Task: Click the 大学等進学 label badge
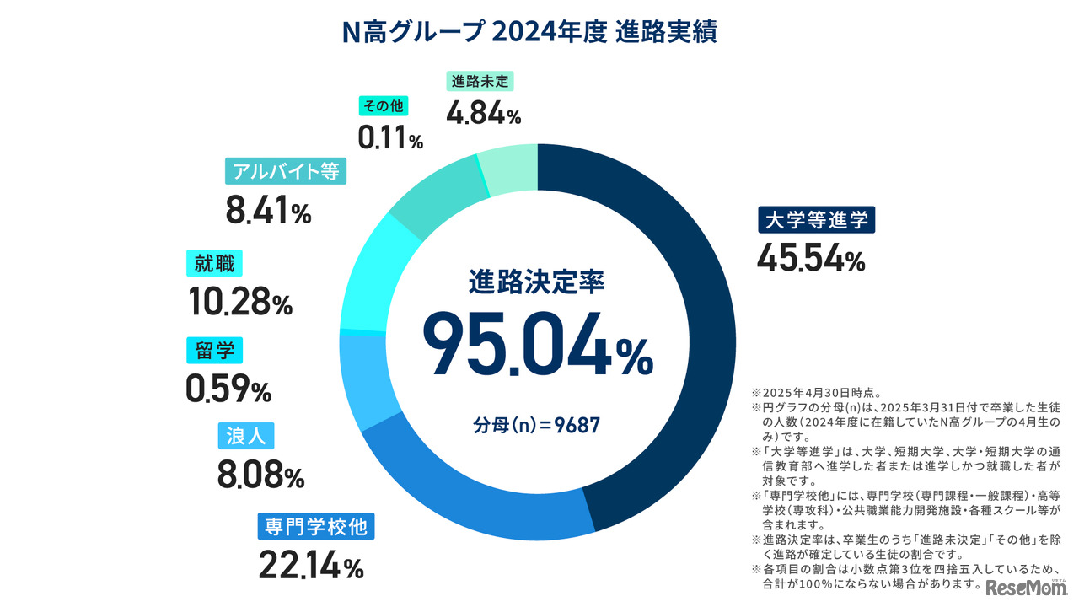click(x=816, y=221)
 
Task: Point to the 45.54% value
click(x=810, y=258)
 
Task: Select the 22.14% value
click(x=309, y=565)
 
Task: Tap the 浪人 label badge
click(x=247, y=437)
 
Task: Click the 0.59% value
click(x=228, y=388)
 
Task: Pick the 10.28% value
click(x=239, y=300)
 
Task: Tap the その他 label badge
click(x=384, y=105)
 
